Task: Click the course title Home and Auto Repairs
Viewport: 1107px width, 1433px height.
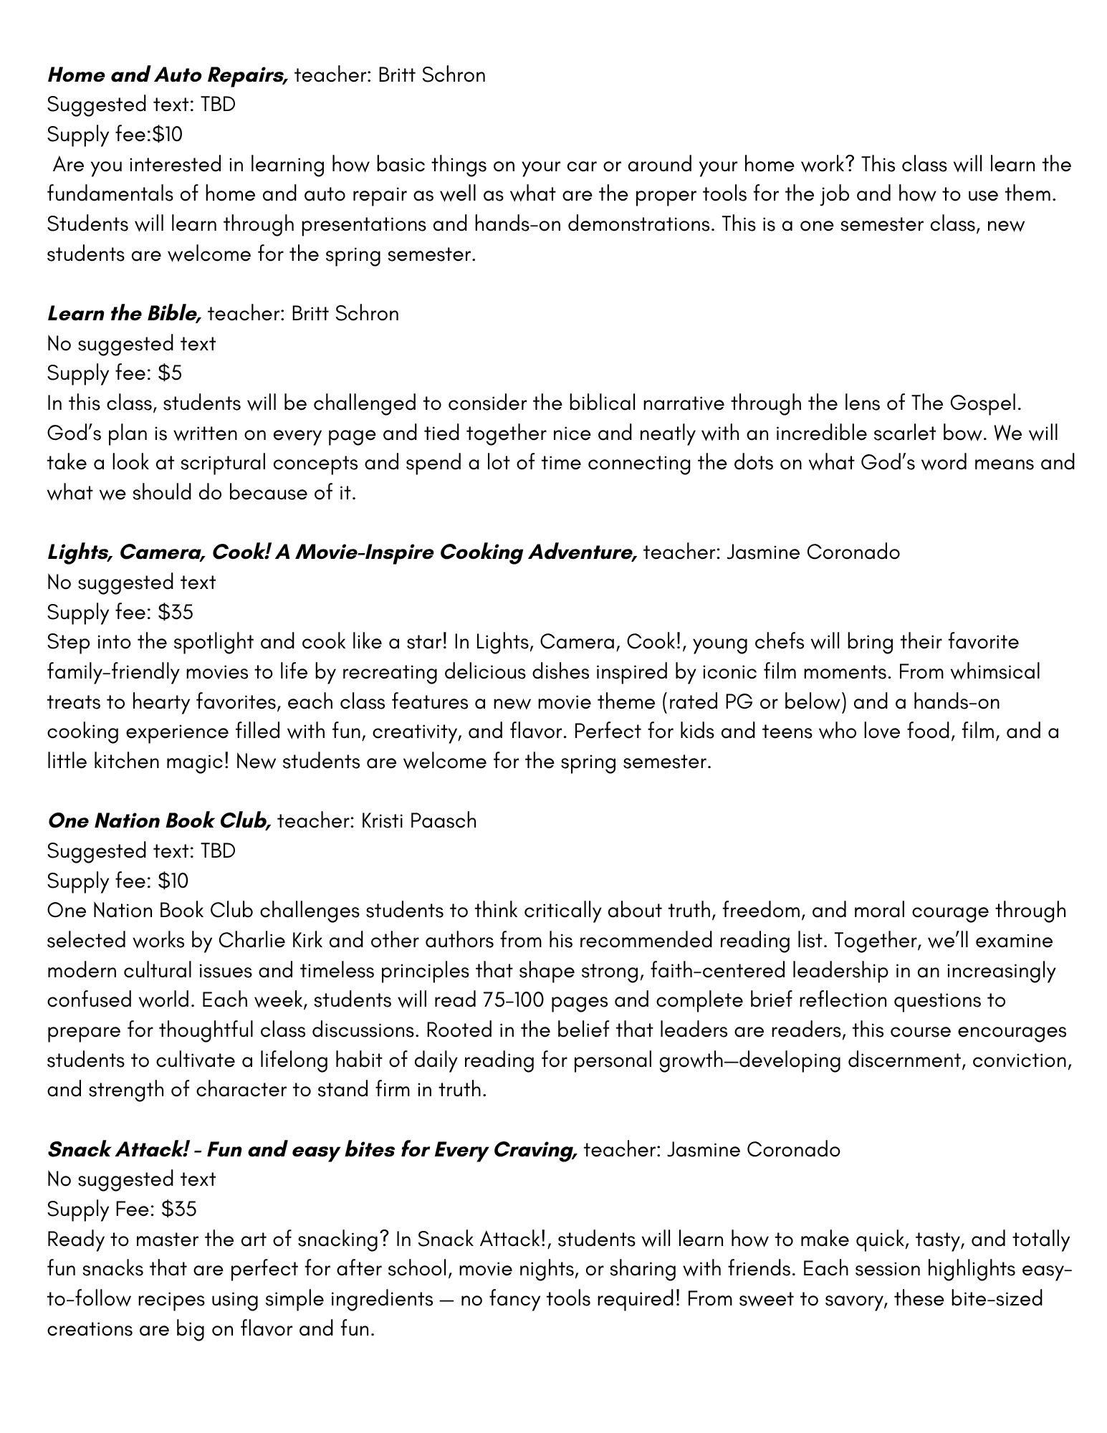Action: pyautogui.click(x=168, y=75)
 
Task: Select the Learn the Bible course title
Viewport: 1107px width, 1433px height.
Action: pyautogui.click(x=124, y=313)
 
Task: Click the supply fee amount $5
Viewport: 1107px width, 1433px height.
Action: pyautogui.click(x=171, y=373)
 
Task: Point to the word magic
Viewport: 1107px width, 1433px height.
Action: pyautogui.click(x=196, y=762)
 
